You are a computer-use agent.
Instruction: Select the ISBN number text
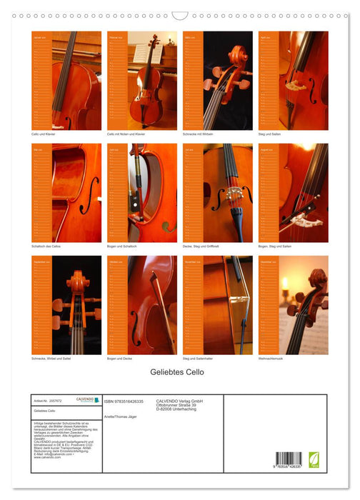pyautogui.click(x=124, y=401)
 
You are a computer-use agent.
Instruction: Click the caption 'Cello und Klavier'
pyautogui.click(x=44, y=134)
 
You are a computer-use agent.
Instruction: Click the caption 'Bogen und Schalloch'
pyautogui.click(x=122, y=246)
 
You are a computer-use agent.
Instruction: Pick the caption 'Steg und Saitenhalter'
pyautogui.click(x=199, y=358)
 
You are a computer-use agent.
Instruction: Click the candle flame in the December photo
pyautogui.click(x=285, y=283)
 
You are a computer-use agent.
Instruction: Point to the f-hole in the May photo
pyautogui.click(x=86, y=195)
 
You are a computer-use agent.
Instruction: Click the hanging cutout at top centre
pyautogui.click(x=180, y=15)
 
